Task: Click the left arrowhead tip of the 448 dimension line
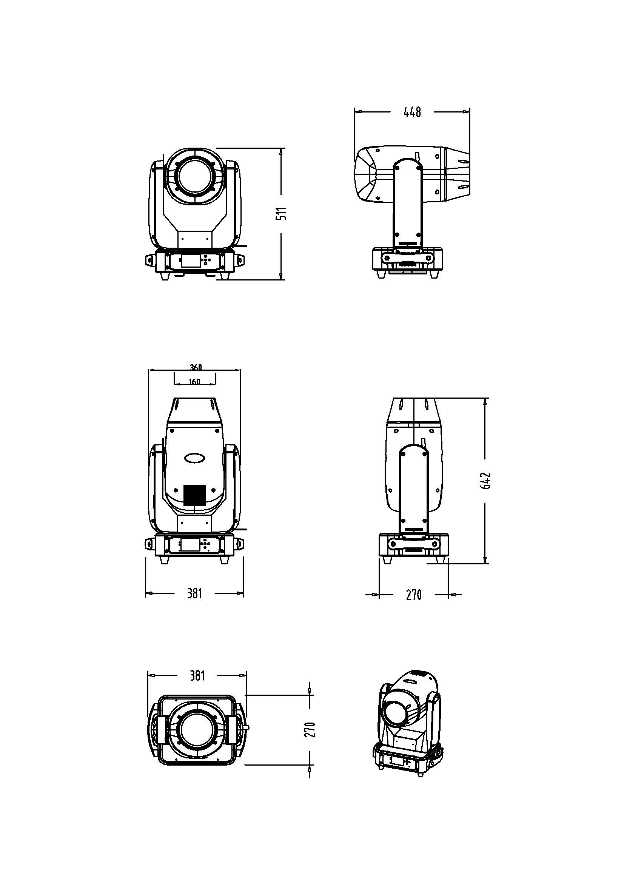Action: (x=354, y=112)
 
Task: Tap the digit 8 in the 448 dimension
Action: (x=418, y=112)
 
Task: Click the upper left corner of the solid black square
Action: (x=184, y=485)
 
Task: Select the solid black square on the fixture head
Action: (x=194, y=495)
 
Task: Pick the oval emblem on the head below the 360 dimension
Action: (x=194, y=458)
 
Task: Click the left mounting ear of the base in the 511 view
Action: (x=149, y=260)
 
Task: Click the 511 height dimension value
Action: (x=283, y=213)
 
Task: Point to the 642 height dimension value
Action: (x=486, y=480)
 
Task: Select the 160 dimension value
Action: (x=195, y=382)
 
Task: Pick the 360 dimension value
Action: (x=196, y=367)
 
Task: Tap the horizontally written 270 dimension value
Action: (x=414, y=595)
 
